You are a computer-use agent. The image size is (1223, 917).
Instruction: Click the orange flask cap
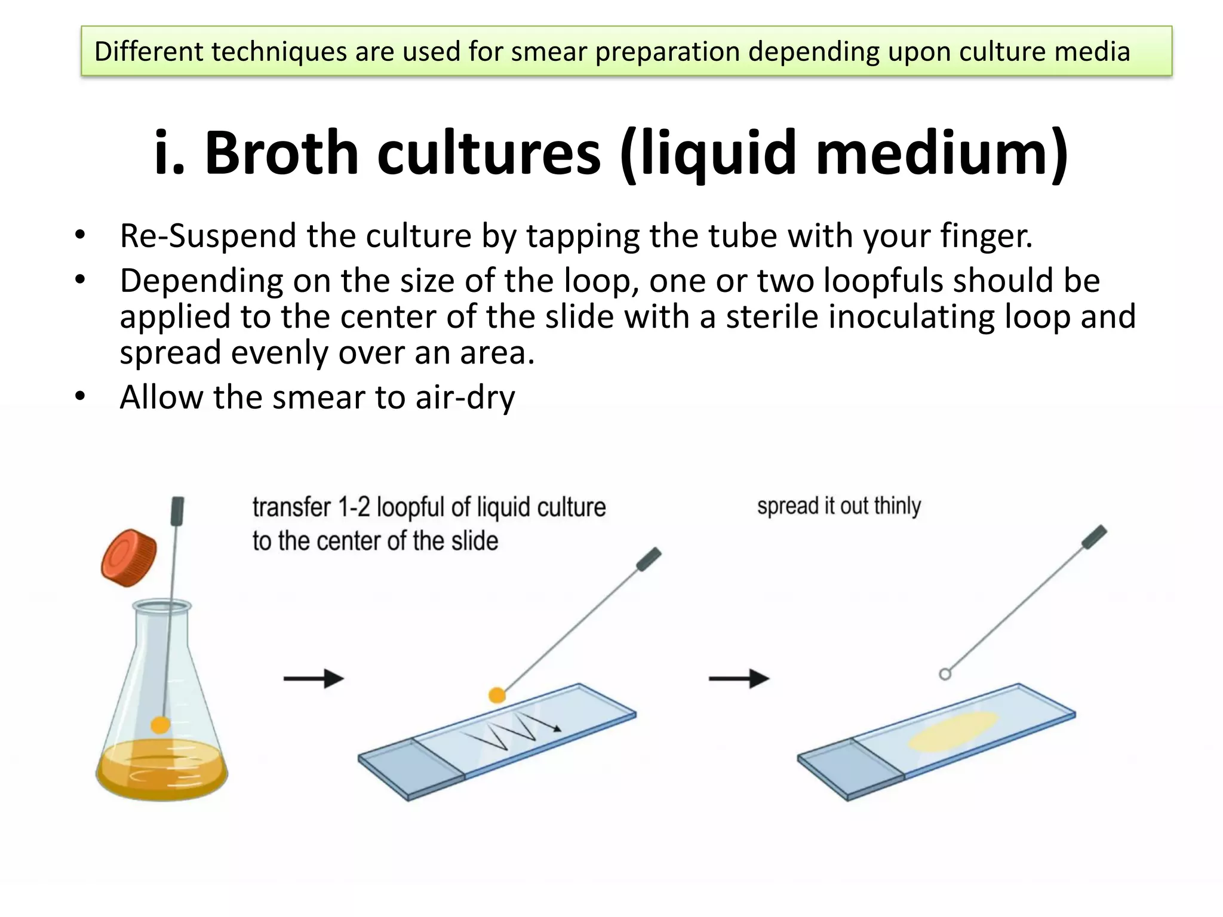(128, 557)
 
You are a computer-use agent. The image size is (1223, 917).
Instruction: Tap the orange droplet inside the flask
(160, 725)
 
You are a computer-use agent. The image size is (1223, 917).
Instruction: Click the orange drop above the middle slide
(497, 695)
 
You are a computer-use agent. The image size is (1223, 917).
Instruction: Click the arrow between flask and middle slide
(314, 679)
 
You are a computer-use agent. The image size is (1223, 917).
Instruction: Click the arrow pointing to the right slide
(739, 679)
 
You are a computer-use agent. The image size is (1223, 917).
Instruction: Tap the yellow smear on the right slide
(953, 731)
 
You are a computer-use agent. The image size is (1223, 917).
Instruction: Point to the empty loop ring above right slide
(945, 674)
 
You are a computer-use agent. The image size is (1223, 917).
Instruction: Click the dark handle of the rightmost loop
(1095, 536)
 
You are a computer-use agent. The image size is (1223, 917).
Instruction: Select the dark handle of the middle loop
(649, 559)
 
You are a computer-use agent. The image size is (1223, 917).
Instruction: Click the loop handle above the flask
(177, 512)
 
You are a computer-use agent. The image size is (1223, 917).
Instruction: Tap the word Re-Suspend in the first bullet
(208, 236)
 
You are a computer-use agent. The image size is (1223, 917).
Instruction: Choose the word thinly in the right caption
(897, 506)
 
